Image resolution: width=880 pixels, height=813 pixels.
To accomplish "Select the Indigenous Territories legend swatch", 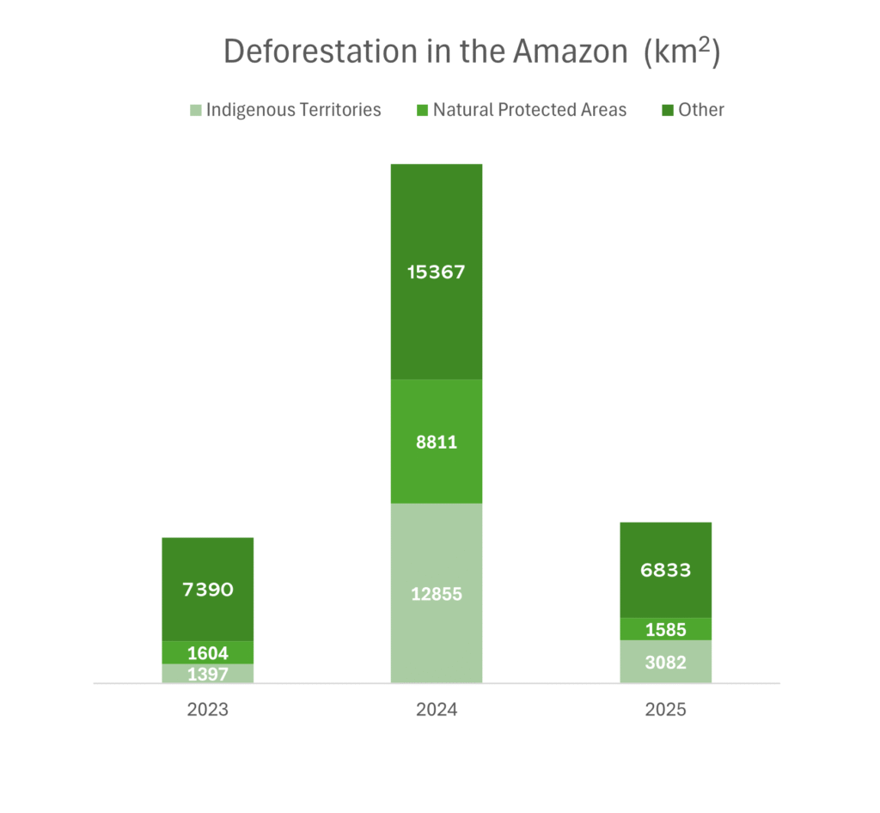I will point(196,110).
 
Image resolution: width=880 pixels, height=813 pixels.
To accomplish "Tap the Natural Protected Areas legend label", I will point(529,110).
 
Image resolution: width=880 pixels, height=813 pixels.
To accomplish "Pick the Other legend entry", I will point(700,110).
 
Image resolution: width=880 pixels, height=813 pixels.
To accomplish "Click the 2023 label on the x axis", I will point(208,711).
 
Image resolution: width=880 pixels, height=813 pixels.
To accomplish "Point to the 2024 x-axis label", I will point(437,711).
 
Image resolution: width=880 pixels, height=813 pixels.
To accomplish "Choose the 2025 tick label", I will point(666,711).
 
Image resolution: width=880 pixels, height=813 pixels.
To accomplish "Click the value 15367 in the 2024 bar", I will point(437,272).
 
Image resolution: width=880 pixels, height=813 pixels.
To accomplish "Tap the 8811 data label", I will point(437,443).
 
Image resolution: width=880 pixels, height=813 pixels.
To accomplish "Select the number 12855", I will point(437,594).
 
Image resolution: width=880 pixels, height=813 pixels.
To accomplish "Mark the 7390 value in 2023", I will point(208,590).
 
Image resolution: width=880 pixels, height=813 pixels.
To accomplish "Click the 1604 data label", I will point(208,653).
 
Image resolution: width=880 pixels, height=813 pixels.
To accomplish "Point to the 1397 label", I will point(208,674).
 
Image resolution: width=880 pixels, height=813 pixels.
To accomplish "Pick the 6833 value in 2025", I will point(666,570).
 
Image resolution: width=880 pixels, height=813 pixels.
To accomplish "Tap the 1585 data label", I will point(666,630).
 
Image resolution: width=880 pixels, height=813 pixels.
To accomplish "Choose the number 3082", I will point(666,662).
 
